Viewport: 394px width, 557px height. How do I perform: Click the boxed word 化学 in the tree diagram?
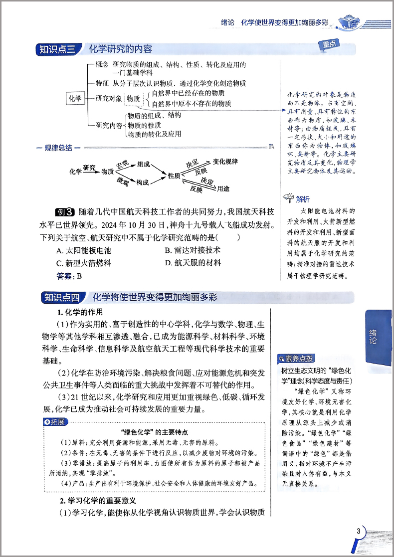[75, 99]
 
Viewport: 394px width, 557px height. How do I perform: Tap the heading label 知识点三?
[57, 49]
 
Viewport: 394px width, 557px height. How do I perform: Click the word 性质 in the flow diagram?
[174, 176]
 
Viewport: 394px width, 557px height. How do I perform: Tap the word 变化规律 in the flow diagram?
[225, 162]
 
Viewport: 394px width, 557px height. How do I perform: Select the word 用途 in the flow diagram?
[223, 188]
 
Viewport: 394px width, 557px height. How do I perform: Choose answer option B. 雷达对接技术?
[193, 250]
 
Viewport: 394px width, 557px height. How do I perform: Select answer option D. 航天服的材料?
[193, 263]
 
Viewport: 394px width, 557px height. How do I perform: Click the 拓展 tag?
[55, 422]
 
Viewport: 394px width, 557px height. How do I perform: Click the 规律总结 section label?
[59, 148]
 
